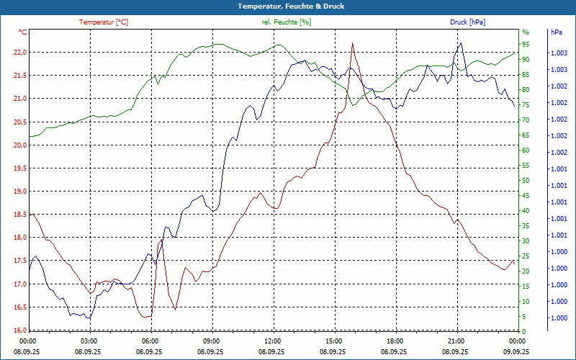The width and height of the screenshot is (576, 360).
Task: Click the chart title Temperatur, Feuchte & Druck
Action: tap(288, 6)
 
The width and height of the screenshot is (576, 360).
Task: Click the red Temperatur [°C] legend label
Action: tap(104, 22)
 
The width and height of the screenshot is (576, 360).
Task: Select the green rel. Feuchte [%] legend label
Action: tap(287, 22)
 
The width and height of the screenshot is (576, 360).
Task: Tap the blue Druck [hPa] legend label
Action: tap(467, 22)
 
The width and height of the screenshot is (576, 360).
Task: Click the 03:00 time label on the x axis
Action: tap(89, 341)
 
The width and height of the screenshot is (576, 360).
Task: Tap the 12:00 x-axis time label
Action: tap(272, 341)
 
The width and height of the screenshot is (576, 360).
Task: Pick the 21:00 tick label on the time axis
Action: tap(456, 341)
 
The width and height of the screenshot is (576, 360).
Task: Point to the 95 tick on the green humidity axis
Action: tap(526, 44)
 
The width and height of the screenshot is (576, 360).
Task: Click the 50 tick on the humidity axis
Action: tap(526, 181)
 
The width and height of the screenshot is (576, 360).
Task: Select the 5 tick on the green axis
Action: tap(524, 317)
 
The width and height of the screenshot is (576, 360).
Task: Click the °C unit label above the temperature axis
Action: tap(23, 32)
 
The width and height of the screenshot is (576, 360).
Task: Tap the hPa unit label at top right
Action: tap(557, 32)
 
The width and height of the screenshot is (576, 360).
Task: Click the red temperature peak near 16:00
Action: tap(352, 43)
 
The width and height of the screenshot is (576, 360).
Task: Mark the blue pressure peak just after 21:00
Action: tap(460, 42)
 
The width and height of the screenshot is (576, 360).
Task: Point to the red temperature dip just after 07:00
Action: tap(175, 310)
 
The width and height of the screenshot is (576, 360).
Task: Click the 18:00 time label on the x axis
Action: tap(395, 341)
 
